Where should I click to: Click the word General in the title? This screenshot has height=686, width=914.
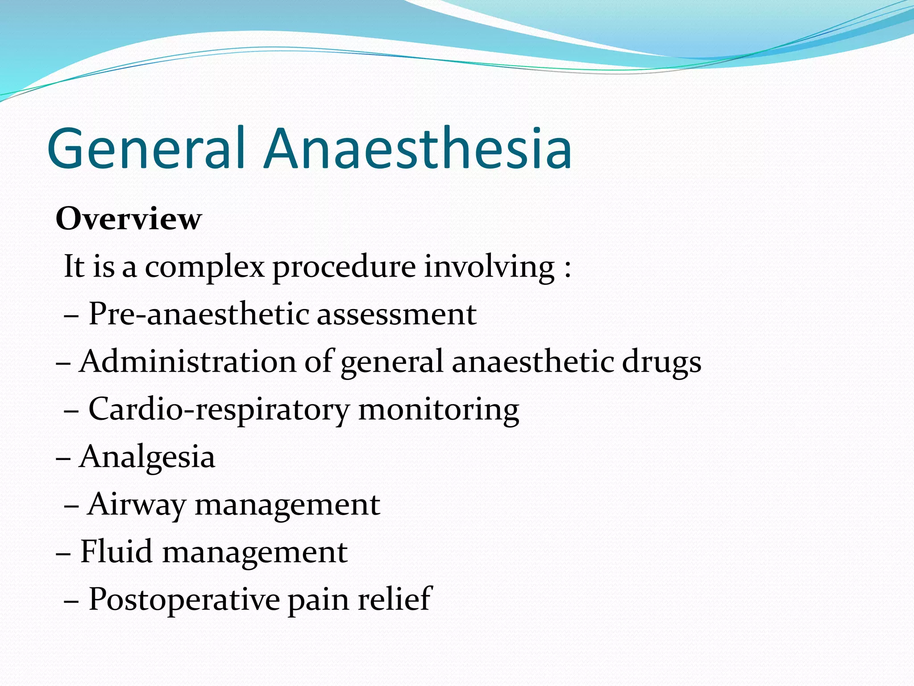coord(146,148)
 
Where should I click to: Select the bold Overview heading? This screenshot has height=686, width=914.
coord(129,219)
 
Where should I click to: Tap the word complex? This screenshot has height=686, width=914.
coord(205,267)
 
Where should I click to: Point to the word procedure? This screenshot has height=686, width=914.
coord(344,267)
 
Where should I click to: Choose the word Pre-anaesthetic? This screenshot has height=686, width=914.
coord(199,314)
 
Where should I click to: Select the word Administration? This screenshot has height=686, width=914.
coord(188,361)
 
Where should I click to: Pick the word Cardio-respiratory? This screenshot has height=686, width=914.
coord(219,410)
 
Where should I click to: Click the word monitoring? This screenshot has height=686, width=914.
coord(439,410)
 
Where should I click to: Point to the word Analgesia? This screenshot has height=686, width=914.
coord(147,457)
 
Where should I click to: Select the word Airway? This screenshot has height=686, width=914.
coord(137,505)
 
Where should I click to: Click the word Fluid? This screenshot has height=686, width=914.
coord(116,552)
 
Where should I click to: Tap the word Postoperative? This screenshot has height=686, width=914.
coord(184,600)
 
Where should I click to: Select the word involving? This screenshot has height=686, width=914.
coord(489,267)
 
